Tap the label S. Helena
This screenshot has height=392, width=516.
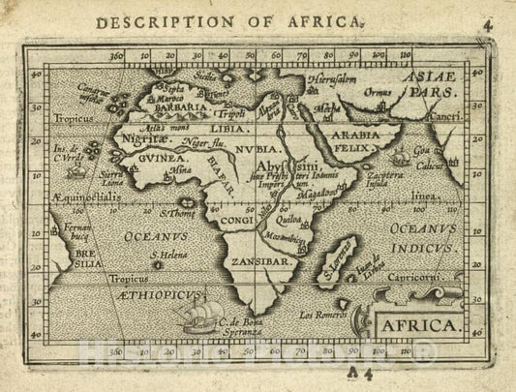168,256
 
